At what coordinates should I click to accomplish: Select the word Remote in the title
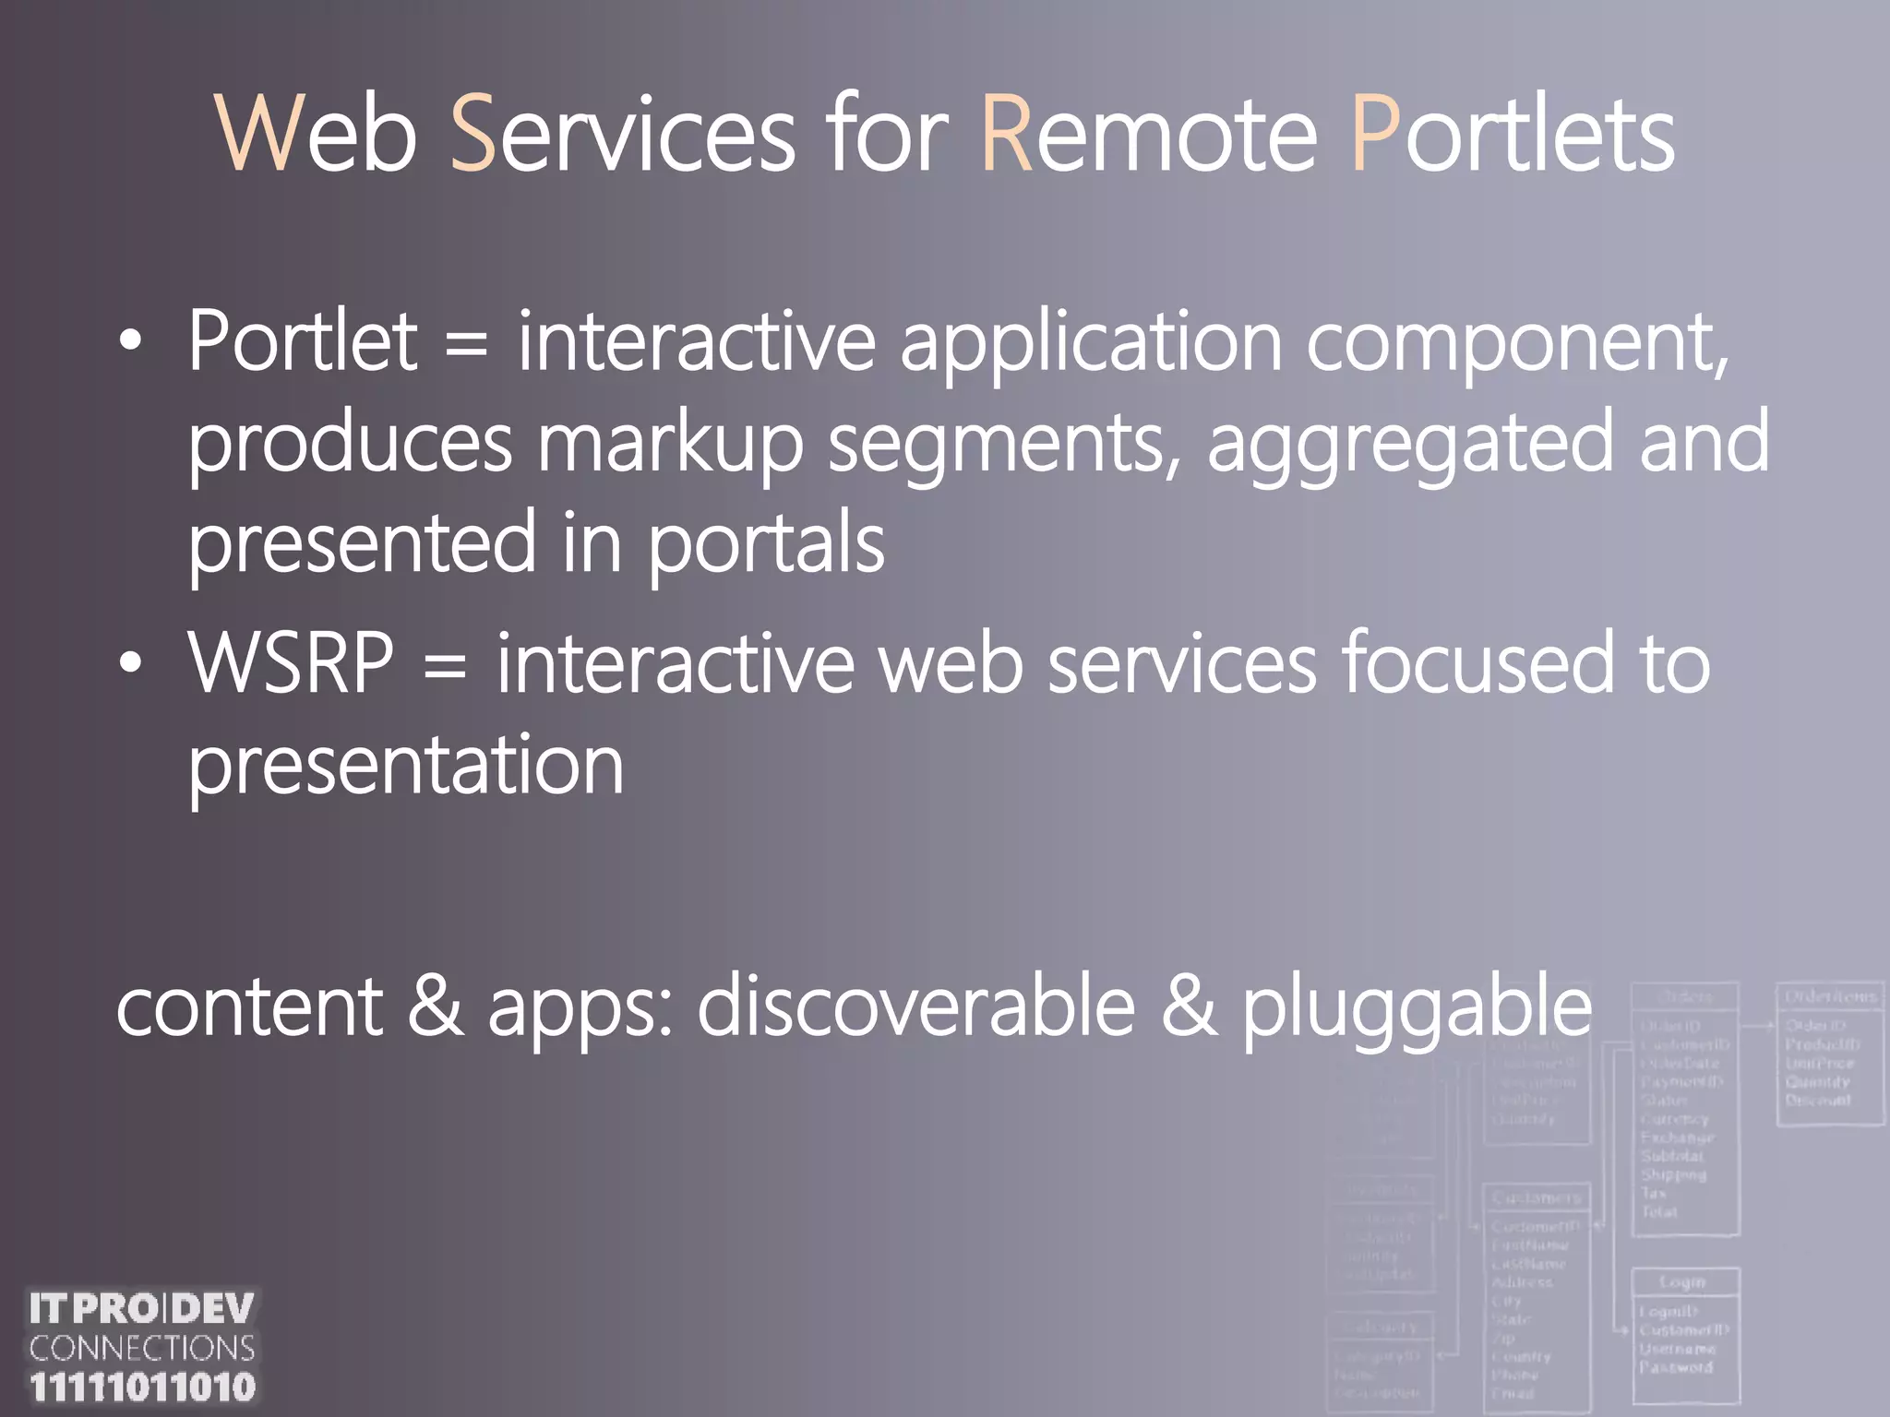click(x=1149, y=136)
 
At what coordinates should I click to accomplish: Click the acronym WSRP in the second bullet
click(x=292, y=663)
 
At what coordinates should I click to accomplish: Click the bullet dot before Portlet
click(x=131, y=342)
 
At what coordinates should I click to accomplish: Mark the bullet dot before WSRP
click(x=131, y=663)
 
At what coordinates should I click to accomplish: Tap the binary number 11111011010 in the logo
click(x=142, y=1387)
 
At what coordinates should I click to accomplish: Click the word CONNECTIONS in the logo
click(x=142, y=1348)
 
